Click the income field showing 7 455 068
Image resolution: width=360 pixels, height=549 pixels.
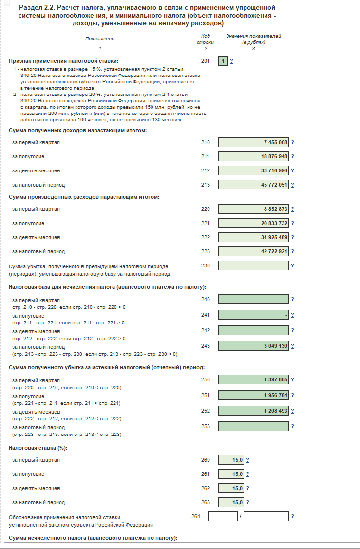pos(253,142)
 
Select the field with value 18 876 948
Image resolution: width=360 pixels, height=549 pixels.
pos(253,156)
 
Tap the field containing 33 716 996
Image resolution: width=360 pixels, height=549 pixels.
pos(253,170)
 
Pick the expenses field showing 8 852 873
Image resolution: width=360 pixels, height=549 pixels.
pos(253,209)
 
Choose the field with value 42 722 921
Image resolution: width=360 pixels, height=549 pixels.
pos(253,251)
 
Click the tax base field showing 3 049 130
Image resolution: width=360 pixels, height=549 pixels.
pos(253,346)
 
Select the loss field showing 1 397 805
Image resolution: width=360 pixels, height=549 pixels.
pos(253,380)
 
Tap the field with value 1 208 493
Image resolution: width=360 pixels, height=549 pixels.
pos(253,411)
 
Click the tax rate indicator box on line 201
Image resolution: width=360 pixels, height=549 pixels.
pos(223,61)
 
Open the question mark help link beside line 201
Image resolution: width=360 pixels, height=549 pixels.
pos(231,61)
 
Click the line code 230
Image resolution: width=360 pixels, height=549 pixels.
pos(205,265)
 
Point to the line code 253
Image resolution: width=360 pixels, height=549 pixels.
pos(205,426)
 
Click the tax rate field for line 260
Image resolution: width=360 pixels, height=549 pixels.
pos(231,460)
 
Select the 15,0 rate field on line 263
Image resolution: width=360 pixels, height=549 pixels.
pos(231,502)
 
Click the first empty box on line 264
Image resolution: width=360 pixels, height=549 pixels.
pos(223,516)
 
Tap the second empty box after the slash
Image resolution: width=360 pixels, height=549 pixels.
pos(266,516)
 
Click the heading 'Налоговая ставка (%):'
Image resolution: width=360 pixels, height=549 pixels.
pos(38,447)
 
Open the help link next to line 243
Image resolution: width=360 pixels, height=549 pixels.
pos(292,346)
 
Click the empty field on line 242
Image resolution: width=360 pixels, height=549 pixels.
pos(253,330)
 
